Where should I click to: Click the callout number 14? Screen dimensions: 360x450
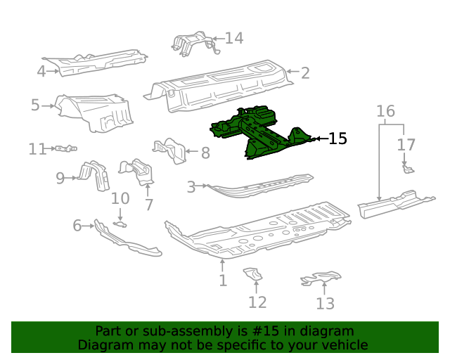(233, 38)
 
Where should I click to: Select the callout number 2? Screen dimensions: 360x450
(305, 72)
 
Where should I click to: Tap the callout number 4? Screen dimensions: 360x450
(41, 70)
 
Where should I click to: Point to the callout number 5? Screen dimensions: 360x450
(35, 105)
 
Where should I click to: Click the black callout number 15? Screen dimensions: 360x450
(337, 139)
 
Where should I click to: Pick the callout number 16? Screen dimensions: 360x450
(385, 111)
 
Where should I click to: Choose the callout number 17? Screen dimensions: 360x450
(406, 145)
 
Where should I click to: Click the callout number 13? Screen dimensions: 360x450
(325, 303)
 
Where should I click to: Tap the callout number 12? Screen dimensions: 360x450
(257, 302)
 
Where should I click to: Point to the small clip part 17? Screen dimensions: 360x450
(406, 169)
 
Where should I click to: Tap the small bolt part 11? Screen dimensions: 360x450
(65, 148)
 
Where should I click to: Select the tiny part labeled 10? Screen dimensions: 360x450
(121, 224)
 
